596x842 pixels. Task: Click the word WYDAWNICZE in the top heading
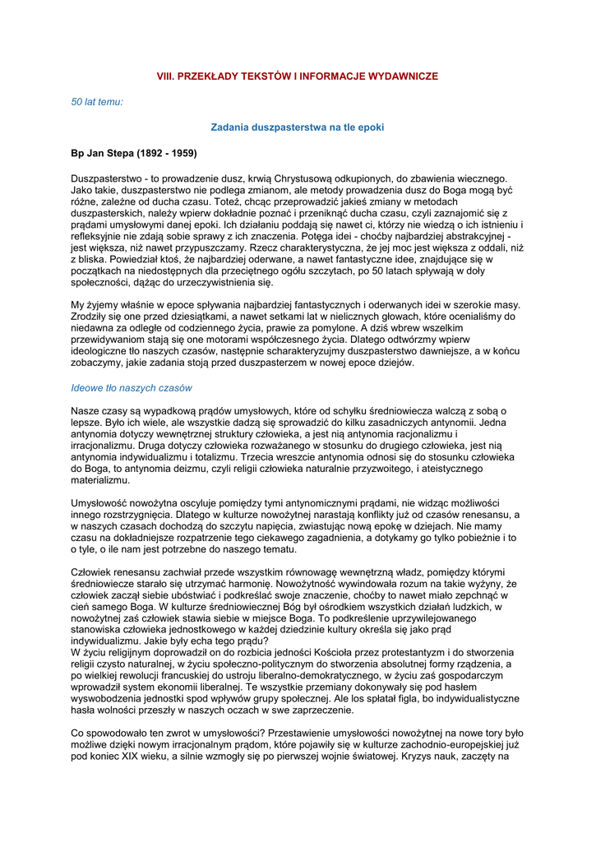(399, 76)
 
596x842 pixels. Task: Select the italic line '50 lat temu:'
(97, 102)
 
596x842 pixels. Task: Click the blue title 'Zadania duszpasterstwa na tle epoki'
(298, 127)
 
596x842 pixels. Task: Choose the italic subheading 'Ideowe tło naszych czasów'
(132, 388)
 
